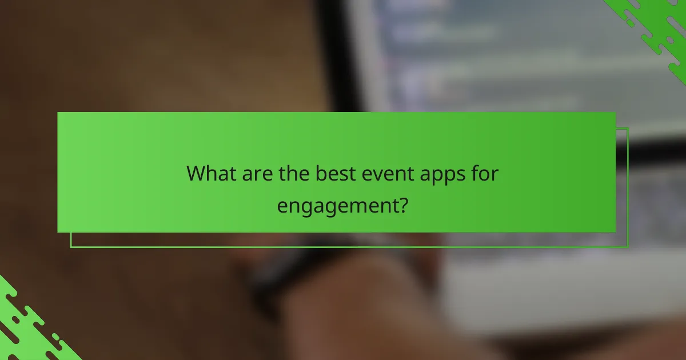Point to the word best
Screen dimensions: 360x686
[x=336, y=174]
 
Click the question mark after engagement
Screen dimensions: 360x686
[x=402, y=204]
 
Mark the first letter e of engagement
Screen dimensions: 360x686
[x=282, y=206]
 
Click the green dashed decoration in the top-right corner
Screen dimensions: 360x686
[x=657, y=29]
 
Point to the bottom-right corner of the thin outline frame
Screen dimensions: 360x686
[x=628, y=247]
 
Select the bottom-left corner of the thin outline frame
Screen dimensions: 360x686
[x=71, y=247]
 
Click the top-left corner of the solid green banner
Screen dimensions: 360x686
[x=58, y=112]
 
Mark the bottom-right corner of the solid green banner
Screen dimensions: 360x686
[x=615, y=232]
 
